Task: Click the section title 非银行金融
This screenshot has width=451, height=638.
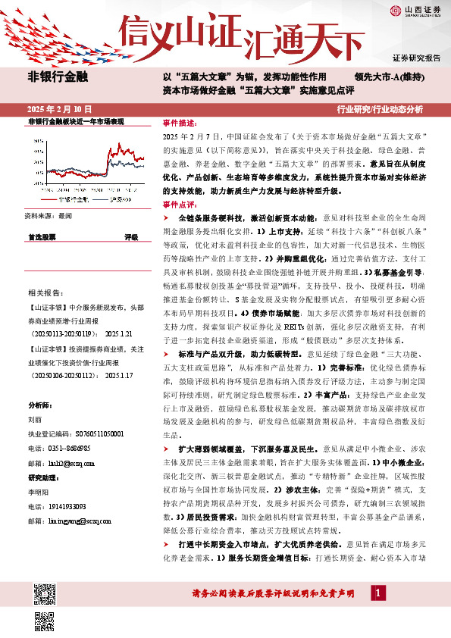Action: pos(58,77)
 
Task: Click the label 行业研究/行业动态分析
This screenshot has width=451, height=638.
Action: pos(390,109)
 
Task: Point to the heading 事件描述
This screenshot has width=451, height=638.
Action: pos(180,123)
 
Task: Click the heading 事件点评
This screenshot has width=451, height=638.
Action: pos(180,205)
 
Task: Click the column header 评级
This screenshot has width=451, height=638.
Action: pos(131,237)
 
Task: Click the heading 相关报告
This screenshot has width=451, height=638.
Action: pos(44,292)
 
